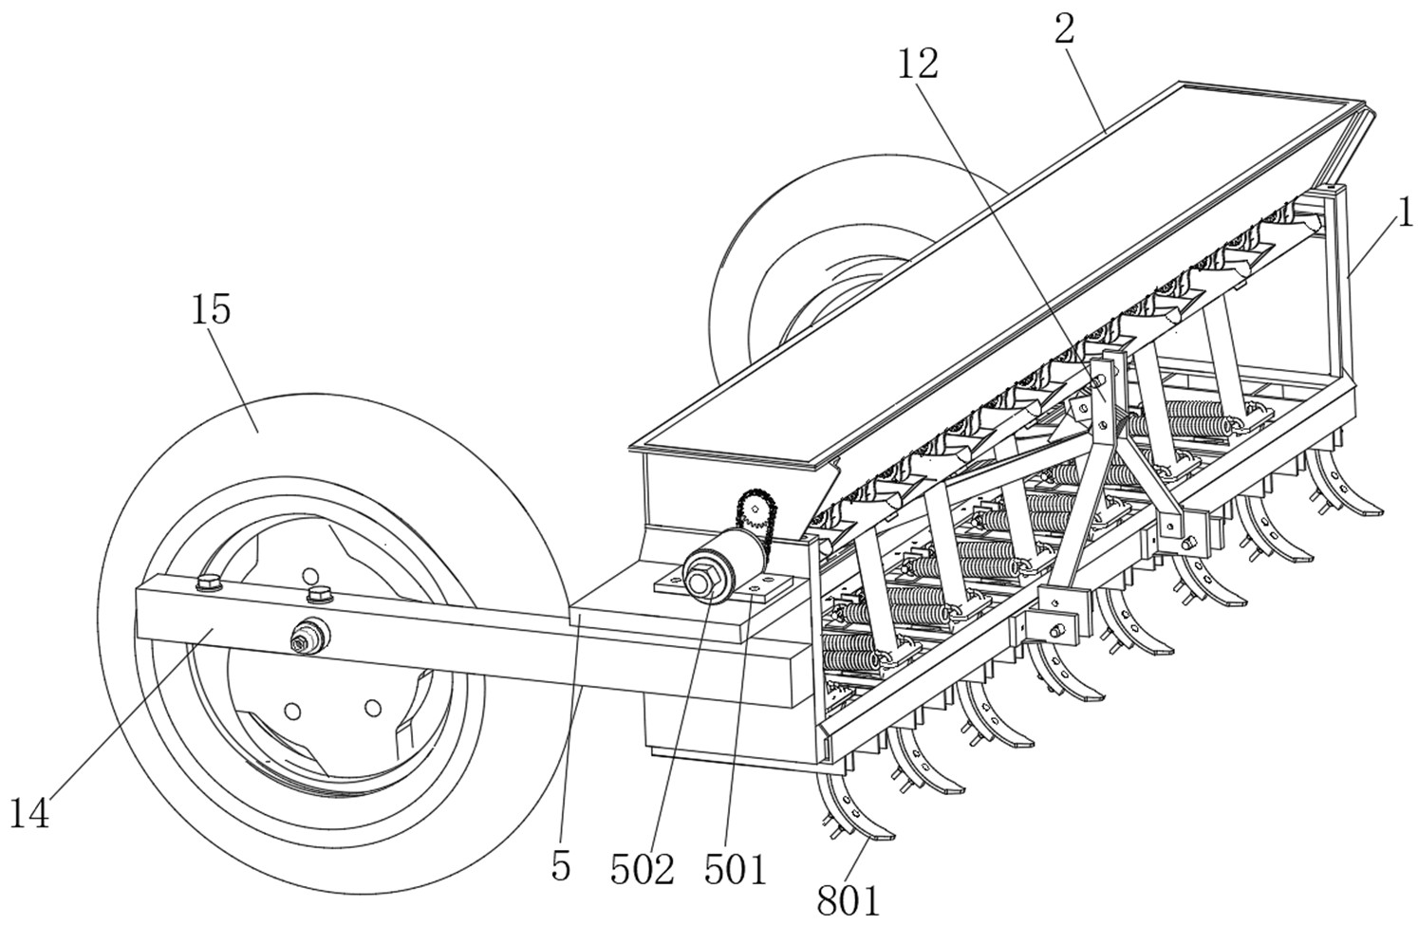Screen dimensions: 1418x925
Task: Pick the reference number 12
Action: [x=918, y=64]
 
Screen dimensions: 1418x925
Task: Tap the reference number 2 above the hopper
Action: [x=1065, y=28]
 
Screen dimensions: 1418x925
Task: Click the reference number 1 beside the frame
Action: [x=1405, y=213]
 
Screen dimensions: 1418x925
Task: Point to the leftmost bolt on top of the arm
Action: [x=210, y=582]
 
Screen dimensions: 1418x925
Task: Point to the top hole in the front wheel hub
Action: [x=309, y=575]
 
